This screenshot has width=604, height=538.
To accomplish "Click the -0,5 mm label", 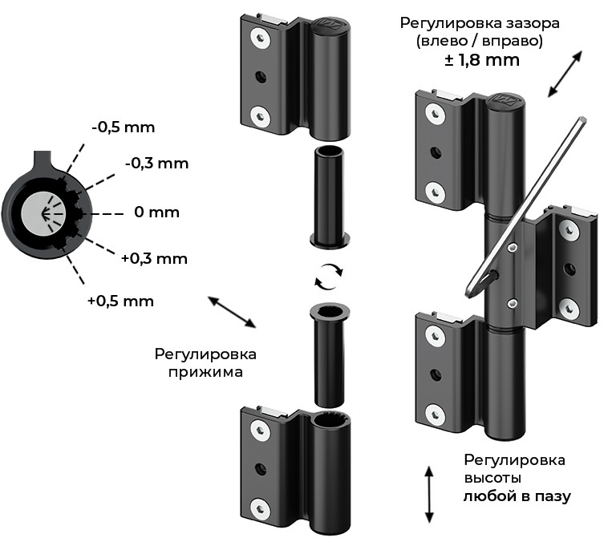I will click(x=123, y=127).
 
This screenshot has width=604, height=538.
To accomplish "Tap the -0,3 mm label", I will click(x=156, y=164).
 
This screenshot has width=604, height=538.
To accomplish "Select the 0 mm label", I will click(x=156, y=212).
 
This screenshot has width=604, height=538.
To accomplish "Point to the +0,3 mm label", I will click(x=154, y=258).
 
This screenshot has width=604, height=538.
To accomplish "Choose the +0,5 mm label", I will click(x=120, y=301).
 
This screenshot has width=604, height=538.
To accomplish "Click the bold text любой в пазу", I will click(x=517, y=496).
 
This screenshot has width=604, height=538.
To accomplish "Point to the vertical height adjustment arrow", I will click(x=429, y=494).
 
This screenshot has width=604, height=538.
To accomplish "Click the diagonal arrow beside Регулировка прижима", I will click(x=232, y=312).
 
